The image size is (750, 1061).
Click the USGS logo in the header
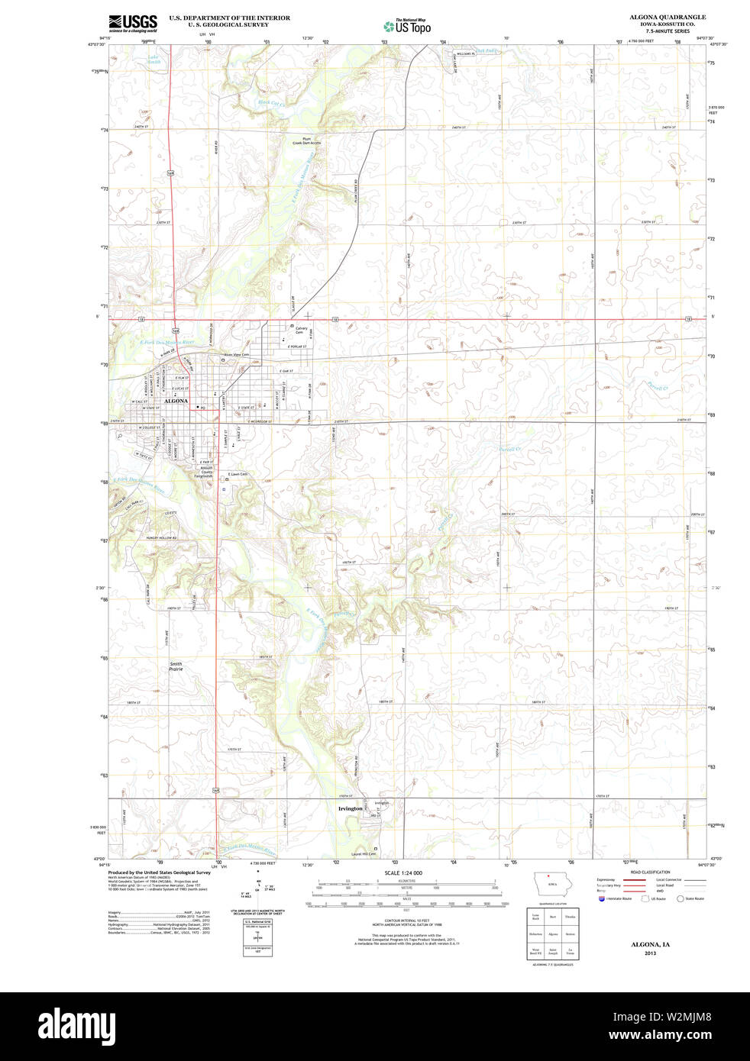click(133, 22)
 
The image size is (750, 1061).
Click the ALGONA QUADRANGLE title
click(656, 17)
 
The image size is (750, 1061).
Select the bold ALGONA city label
click(176, 401)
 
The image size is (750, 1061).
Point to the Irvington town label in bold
click(350, 808)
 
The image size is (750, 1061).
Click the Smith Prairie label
click(176, 666)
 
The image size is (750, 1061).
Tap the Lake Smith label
click(154, 60)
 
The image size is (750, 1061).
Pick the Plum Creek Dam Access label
click(306, 140)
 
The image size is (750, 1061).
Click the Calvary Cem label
click(301, 331)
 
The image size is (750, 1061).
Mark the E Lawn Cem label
click(238, 474)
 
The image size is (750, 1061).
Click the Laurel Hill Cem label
click(364, 853)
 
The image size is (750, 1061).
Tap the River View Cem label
click(236, 354)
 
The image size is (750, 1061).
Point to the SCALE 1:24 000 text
click(403, 872)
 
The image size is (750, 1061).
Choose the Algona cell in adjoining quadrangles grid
click(553, 934)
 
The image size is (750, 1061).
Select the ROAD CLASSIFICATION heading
click(651, 872)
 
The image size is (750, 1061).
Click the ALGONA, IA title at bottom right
click(650, 945)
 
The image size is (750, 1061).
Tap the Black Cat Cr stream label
click(270, 102)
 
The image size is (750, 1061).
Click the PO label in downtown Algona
click(202, 408)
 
